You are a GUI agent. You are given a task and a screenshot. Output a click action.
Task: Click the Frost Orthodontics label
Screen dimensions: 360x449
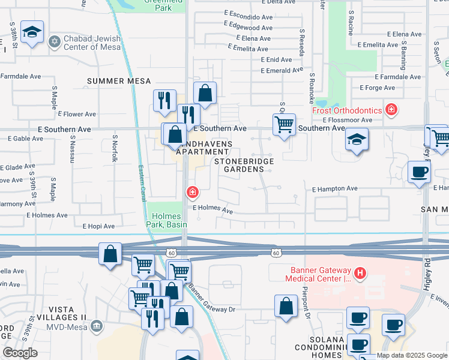click(x=347, y=110)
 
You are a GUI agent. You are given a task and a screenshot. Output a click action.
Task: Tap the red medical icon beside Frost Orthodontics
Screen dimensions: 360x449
click(x=391, y=109)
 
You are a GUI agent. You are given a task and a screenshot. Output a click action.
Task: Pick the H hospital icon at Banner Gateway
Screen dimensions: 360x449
click(x=360, y=274)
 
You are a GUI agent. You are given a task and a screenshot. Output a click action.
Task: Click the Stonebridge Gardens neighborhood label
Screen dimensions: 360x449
click(x=244, y=165)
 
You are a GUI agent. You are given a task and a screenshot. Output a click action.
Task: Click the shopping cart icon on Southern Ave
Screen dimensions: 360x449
click(x=283, y=125)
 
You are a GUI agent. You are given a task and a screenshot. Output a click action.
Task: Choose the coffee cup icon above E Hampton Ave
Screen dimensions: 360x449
click(x=419, y=172)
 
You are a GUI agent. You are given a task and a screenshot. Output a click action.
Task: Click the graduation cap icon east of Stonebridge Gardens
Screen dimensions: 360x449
click(x=357, y=139)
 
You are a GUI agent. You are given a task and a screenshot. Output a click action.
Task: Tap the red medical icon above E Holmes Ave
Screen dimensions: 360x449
click(x=192, y=193)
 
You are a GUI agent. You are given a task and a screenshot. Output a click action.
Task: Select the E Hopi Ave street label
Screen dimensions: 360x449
click(x=99, y=226)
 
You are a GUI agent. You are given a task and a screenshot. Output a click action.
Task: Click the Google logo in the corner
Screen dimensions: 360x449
click(x=20, y=353)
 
